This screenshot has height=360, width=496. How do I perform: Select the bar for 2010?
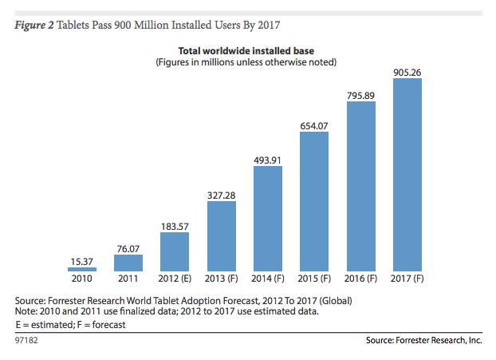82,270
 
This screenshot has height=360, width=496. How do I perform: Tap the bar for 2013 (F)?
221,236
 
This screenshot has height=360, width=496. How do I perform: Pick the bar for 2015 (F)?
314,202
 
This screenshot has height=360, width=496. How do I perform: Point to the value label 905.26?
407,72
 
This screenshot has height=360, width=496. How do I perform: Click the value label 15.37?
82,260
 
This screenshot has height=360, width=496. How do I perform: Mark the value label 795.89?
360,95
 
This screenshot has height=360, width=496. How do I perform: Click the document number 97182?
26,340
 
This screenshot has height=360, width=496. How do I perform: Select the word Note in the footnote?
28,311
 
